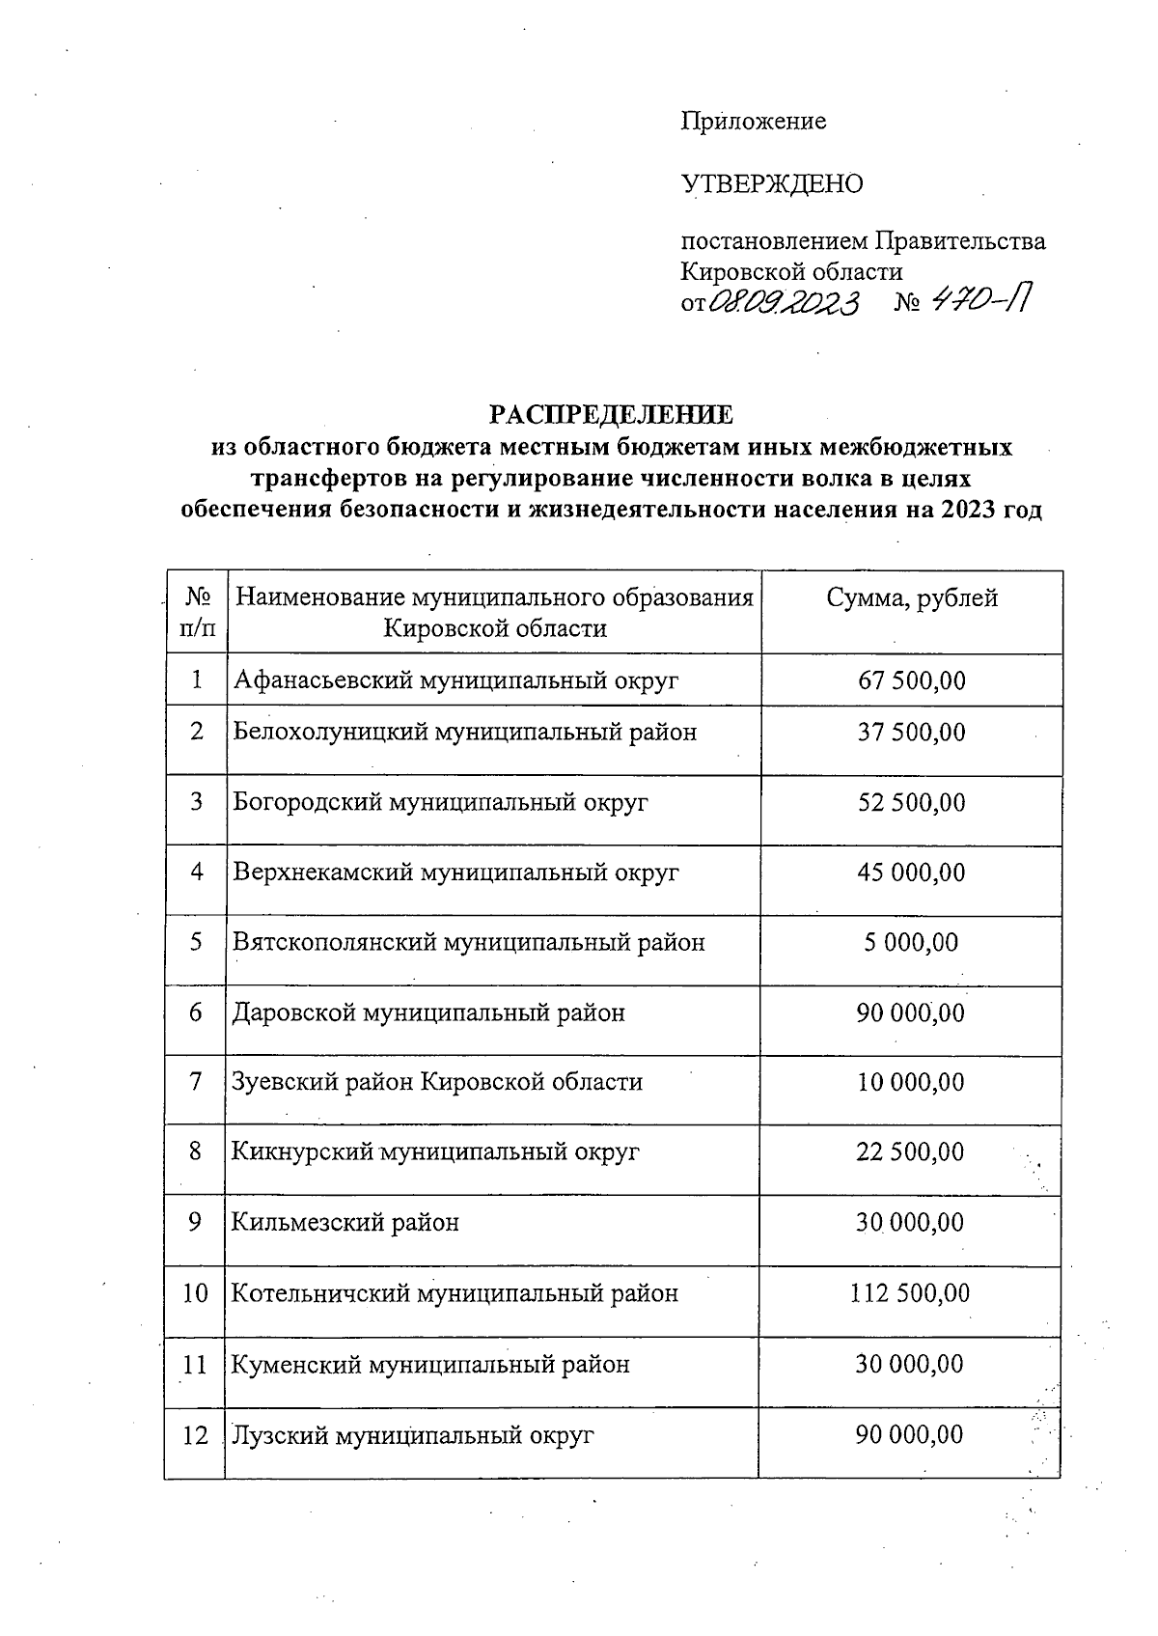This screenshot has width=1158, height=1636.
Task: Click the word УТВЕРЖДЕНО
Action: pos(772,183)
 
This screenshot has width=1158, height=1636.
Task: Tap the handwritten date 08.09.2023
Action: pos(784,304)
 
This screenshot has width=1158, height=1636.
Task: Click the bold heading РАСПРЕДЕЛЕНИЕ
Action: pos(611,415)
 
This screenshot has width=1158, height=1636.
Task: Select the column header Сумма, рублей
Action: pos(911,598)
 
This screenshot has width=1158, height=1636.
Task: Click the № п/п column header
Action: pos(197,613)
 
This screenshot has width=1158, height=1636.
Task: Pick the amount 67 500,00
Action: pos(911,680)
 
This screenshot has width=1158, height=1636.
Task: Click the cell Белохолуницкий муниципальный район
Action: pos(464,733)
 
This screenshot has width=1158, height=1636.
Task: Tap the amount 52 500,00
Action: pos(911,803)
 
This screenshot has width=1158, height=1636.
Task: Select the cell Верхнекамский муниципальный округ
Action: pos(455,873)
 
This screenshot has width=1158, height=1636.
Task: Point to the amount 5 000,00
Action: pos(911,943)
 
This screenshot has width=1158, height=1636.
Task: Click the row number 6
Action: pos(196,1013)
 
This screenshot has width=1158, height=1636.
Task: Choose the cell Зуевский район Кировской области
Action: pos(437,1083)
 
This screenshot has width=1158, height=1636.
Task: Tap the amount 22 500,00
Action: pos(910,1152)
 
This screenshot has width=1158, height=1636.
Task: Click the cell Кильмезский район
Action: pos(345,1223)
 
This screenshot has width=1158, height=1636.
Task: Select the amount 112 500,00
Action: pos(909,1293)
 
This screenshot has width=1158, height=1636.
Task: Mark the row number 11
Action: pos(195,1365)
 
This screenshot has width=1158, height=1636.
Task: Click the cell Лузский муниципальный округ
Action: pos(412,1435)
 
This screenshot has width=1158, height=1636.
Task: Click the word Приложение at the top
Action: pos(754,122)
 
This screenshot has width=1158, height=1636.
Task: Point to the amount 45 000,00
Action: pos(911,873)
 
